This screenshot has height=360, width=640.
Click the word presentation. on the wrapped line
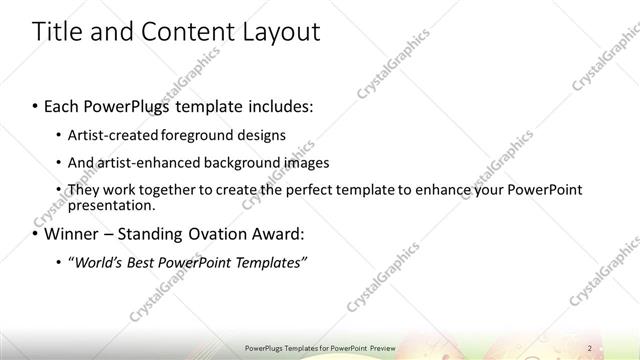111,206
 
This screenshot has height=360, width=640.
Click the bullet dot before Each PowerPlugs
36,105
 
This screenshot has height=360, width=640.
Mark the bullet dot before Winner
36,236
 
